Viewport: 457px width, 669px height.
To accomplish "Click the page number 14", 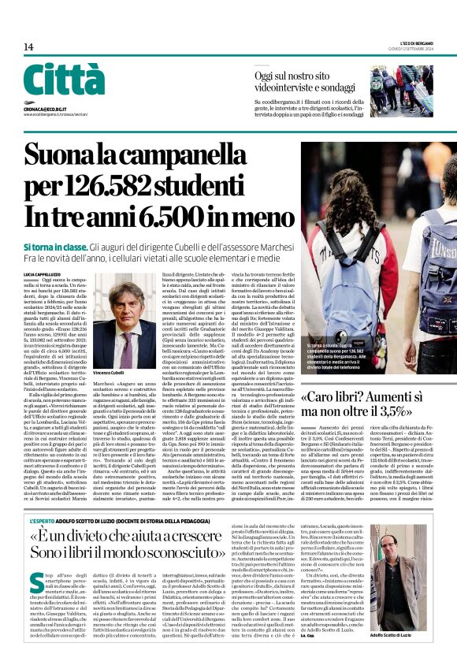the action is (x=29, y=47).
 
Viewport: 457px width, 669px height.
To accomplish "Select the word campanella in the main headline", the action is (x=191, y=152).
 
